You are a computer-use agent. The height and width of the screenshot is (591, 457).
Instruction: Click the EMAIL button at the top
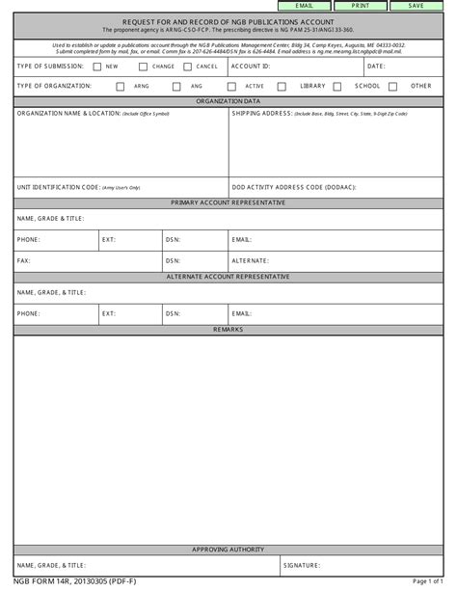coord(305,6)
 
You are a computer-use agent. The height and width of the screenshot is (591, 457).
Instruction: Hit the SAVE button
coord(416,6)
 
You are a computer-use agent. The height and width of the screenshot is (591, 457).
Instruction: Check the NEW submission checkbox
coord(96,67)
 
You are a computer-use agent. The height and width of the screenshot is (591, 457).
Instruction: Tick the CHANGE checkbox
coord(143,67)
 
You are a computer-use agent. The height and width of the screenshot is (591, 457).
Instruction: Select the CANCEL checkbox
coord(188,67)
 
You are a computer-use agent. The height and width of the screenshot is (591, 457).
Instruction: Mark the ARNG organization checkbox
coord(121,86)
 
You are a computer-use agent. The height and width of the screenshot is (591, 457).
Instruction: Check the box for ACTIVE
coord(235,86)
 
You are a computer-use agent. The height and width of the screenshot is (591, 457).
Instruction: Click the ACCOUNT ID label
coord(251,67)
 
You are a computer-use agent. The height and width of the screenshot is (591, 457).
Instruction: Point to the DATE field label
coord(376,67)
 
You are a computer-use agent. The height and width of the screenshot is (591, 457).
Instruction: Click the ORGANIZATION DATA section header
coord(228,100)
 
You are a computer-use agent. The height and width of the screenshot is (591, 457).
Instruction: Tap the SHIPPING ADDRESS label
coord(263,113)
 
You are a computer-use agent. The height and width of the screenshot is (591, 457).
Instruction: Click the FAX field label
coord(22,260)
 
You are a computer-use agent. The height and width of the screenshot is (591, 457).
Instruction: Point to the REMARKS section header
coord(228,329)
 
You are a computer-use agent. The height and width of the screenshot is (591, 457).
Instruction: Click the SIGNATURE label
coord(301,565)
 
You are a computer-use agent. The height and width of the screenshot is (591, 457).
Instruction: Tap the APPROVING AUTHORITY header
coord(228,549)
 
